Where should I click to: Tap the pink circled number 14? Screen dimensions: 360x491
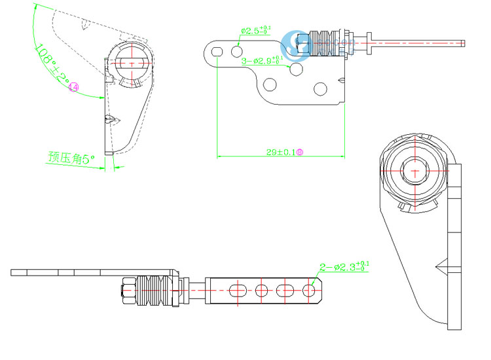coord(73,87)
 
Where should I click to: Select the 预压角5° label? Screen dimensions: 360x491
coord(71,158)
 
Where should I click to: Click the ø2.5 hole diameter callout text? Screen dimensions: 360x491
coord(255,30)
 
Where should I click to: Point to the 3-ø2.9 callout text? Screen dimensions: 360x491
coord(263,61)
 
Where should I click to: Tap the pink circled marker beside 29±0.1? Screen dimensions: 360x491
coord(300,152)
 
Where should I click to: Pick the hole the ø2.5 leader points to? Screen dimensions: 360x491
coord(237,50)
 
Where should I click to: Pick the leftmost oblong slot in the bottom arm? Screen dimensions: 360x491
coord(238,289)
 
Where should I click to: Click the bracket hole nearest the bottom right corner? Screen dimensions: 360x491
coord(320,88)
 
